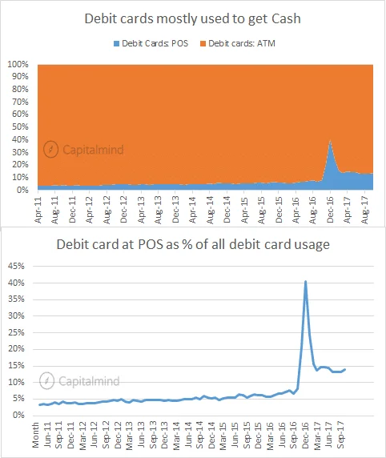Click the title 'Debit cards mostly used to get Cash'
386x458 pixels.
click(192, 19)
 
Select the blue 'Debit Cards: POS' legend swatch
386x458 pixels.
click(116, 43)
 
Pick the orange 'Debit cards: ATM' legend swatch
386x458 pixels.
click(203, 43)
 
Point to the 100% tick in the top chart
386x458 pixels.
click(18, 64)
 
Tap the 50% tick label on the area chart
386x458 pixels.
click(20, 127)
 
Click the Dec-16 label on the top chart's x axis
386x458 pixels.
click(330, 210)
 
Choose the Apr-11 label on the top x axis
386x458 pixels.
click(38, 210)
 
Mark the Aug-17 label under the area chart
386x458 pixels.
click(364, 210)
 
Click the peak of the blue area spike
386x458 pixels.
click(330, 140)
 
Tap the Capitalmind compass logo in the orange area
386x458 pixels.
click(50, 149)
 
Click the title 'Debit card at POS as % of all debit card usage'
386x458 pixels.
click(193, 244)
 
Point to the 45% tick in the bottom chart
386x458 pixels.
click(16, 266)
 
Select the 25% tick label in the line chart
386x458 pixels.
click(16, 332)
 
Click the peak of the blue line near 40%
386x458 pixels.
click(306, 281)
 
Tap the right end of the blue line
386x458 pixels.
click(345, 369)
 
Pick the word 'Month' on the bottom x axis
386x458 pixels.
click(36, 435)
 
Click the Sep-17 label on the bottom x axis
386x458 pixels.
click(341, 435)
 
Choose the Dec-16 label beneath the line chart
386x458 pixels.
click(305, 435)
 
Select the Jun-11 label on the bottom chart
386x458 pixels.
click(47, 435)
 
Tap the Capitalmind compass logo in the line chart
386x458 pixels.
click(46, 380)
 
